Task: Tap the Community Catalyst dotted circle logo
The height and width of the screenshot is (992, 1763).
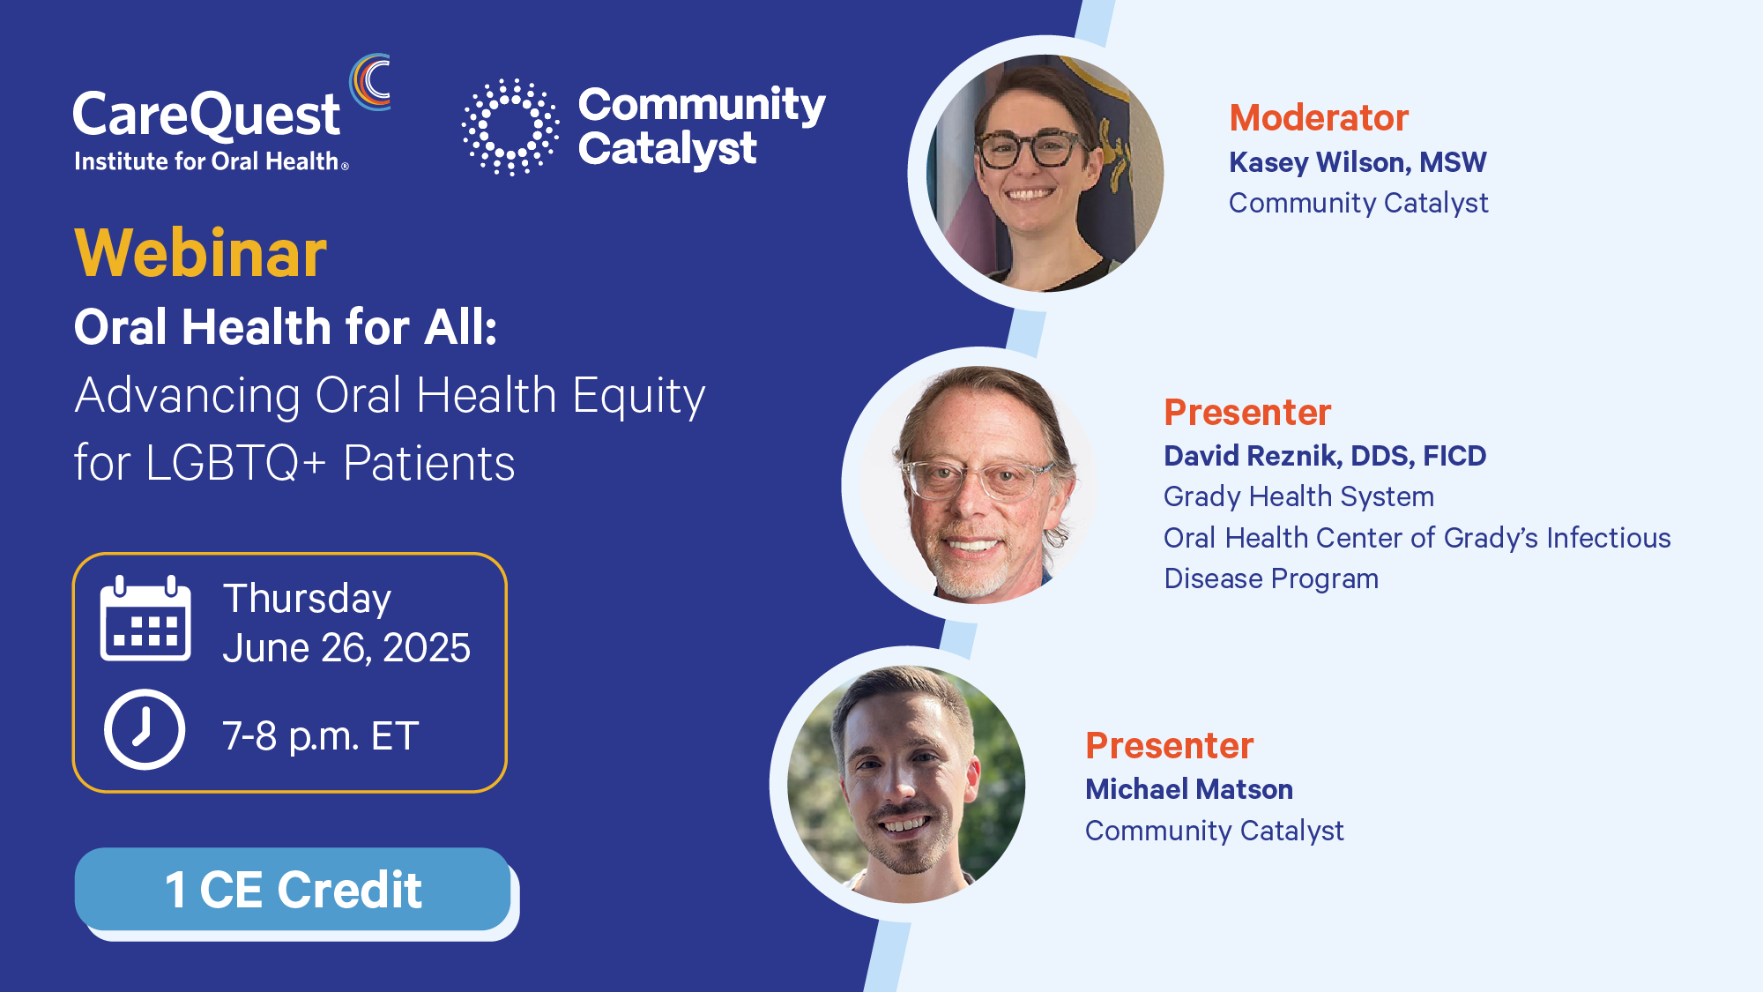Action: pyautogui.click(x=510, y=127)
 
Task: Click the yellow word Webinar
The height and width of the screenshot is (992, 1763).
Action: pyautogui.click(x=201, y=253)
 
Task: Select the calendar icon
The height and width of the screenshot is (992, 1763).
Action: pyautogui.click(x=145, y=618)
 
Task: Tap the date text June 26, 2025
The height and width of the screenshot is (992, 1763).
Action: pyautogui.click(x=346, y=648)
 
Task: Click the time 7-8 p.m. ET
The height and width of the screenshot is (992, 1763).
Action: pyautogui.click(x=321, y=736)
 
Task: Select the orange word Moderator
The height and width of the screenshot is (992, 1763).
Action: pyautogui.click(x=1319, y=117)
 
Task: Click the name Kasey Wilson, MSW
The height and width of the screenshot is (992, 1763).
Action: pyautogui.click(x=1358, y=162)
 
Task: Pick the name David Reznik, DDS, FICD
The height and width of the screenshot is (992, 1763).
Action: pyautogui.click(x=1325, y=456)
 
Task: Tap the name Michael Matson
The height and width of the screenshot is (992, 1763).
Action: pyautogui.click(x=1189, y=789)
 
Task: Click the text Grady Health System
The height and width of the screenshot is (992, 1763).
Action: pyautogui.click(x=1298, y=496)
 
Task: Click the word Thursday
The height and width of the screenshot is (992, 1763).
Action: pyautogui.click(x=307, y=600)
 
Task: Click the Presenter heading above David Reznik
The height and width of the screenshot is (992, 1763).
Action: pyautogui.click(x=1247, y=412)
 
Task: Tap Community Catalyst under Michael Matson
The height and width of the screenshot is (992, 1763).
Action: pyautogui.click(x=1214, y=831)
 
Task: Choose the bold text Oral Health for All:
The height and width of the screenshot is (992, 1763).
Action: pyautogui.click(x=286, y=327)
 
